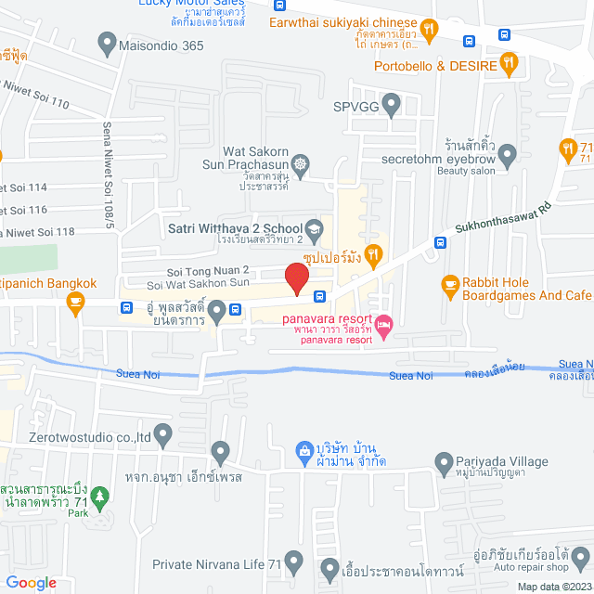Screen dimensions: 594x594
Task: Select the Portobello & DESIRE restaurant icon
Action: pyautogui.click(x=509, y=64)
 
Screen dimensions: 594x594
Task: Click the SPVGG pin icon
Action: pyautogui.click(x=392, y=104)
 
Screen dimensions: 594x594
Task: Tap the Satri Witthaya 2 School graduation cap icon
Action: pyautogui.click(x=315, y=228)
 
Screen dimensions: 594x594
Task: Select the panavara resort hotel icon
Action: pyautogui.click(x=384, y=323)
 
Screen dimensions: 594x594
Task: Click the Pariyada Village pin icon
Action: pyautogui.click(x=443, y=461)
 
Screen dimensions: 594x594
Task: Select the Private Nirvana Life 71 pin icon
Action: pyautogui.click(x=294, y=562)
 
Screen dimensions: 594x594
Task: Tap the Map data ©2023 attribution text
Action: pyautogui.click(x=553, y=587)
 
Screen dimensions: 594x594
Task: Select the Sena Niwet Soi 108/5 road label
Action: pyautogui.click(x=109, y=177)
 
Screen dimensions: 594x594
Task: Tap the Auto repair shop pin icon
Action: pyautogui.click(x=580, y=557)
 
